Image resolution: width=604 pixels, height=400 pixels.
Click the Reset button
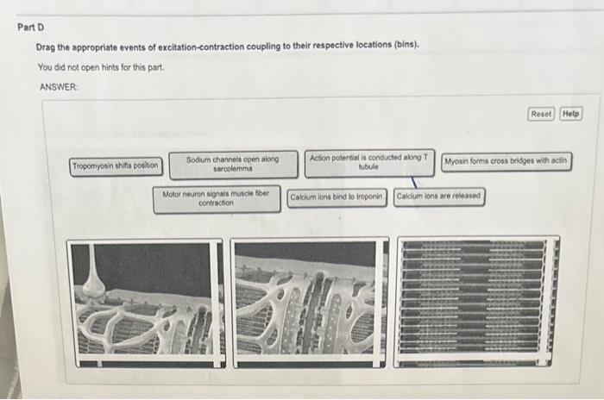pyautogui.click(x=542, y=114)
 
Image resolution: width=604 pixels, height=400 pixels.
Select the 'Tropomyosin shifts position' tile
pyautogui.click(x=116, y=166)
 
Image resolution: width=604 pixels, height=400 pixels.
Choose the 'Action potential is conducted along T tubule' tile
pyautogui.click(x=369, y=163)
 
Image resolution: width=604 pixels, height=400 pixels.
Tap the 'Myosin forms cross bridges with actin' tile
pyautogui.click(x=506, y=162)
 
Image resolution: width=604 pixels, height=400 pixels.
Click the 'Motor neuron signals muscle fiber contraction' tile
pyautogui.click(x=216, y=198)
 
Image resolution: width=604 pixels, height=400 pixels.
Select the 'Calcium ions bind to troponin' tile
pyautogui.click(x=337, y=197)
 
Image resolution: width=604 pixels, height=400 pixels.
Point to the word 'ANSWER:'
pyautogui.click(x=58, y=87)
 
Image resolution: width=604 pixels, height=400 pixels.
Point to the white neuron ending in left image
pyautogui.click(x=94, y=276)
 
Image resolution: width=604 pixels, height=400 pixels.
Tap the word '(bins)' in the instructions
pyautogui.click(x=404, y=46)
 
